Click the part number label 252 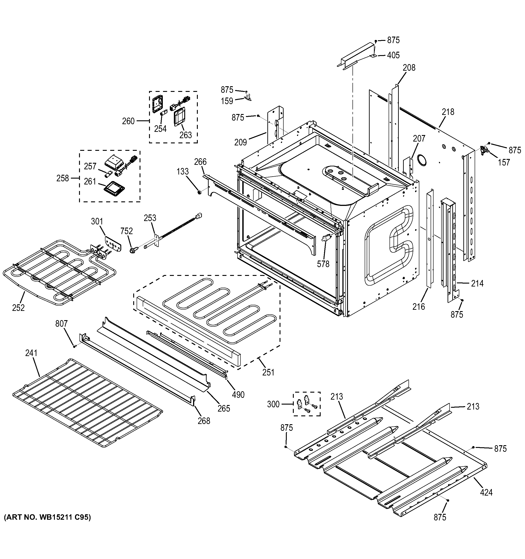18,308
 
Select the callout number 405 393,55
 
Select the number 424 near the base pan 486,492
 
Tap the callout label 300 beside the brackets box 273,404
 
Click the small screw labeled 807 75,346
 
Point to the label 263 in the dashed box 186,135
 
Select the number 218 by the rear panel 448,112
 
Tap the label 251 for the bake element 268,372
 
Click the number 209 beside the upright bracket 240,142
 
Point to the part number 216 418,307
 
